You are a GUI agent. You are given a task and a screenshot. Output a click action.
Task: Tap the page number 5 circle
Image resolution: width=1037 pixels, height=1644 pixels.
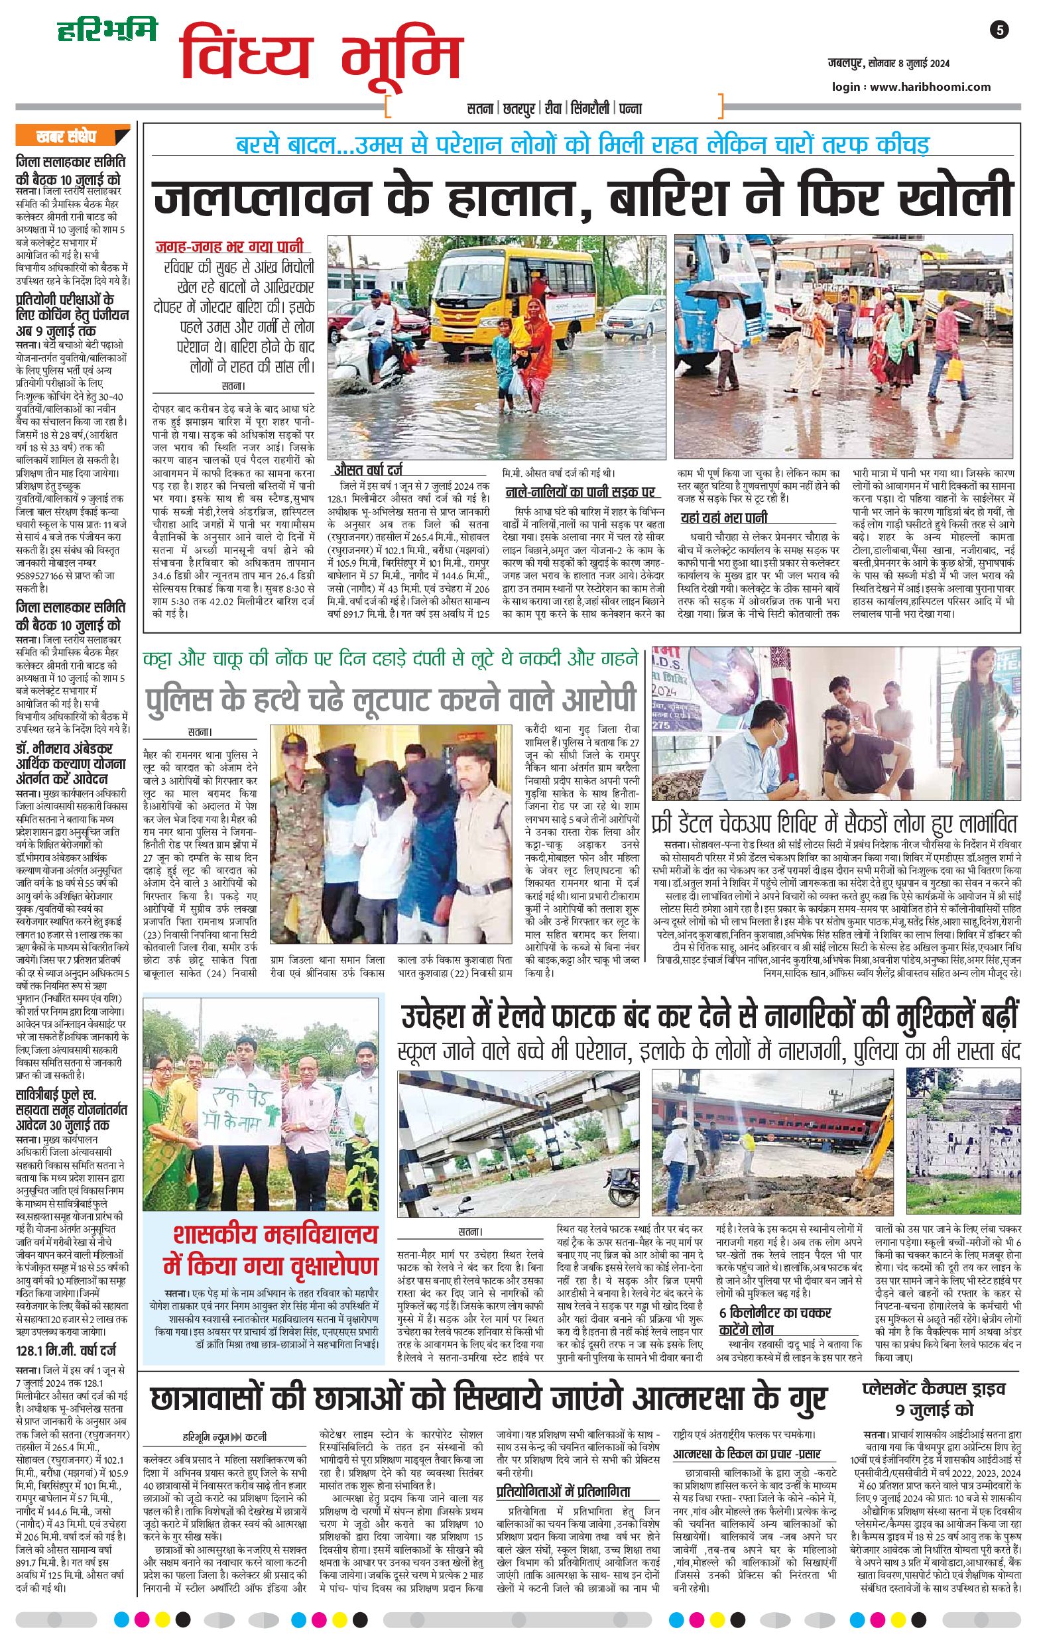(x=1000, y=30)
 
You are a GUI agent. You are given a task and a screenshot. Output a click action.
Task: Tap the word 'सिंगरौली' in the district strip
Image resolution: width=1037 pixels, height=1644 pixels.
(x=590, y=109)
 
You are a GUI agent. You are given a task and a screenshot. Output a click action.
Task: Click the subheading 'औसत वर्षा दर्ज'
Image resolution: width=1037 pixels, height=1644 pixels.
(x=368, y=470)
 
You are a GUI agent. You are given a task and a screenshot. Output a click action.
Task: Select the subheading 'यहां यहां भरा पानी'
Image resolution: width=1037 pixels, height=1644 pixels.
(x=724, y=518)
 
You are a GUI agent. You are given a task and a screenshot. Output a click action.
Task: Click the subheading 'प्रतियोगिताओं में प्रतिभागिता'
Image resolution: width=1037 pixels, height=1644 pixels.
(x=563, y=1490)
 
